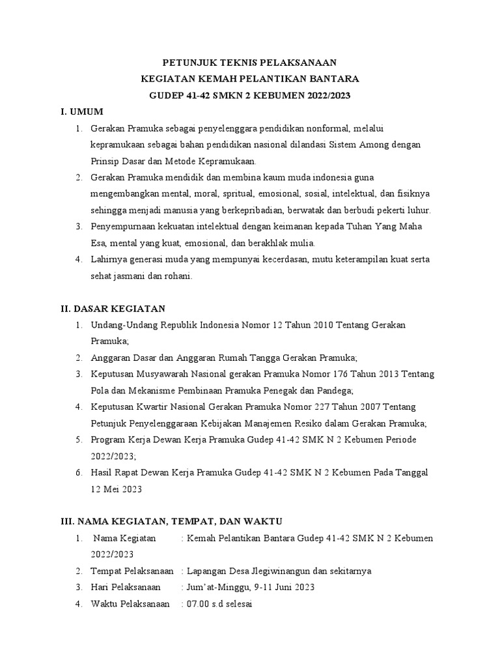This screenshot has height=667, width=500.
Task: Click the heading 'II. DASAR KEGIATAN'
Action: pos(109,308)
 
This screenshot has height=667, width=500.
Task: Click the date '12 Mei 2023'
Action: pos(117,489)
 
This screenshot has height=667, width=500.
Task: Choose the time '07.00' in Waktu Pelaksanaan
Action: pos(197,604)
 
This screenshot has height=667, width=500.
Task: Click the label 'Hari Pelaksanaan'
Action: pos(126,587)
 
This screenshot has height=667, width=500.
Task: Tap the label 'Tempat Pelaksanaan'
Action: pos(132,571)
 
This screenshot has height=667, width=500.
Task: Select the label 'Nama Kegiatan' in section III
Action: pos(125,538)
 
